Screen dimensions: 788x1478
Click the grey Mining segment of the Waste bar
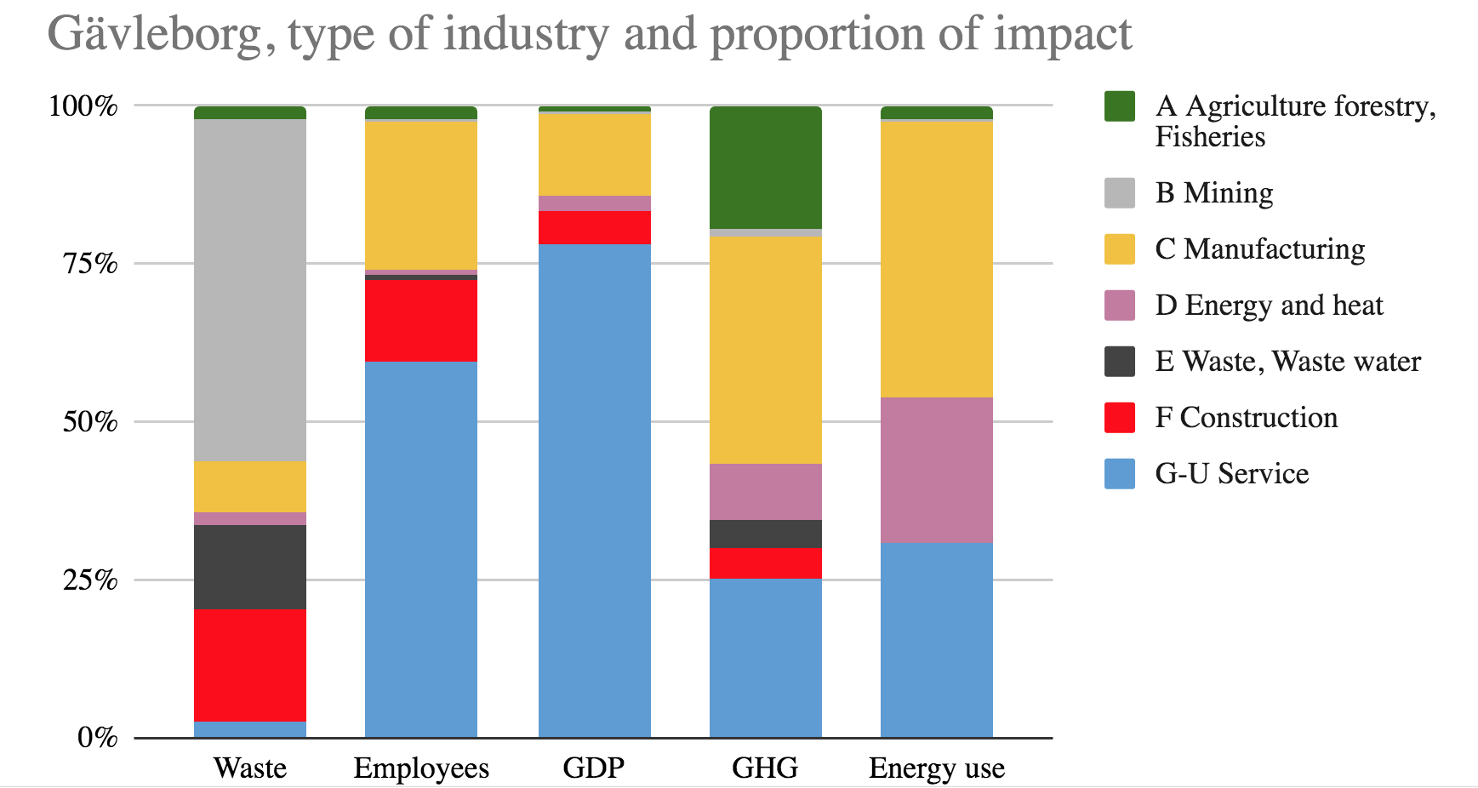[x=249, y=289]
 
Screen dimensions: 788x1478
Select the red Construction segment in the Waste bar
[x=249, y=665]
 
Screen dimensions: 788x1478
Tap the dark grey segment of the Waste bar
[x=249, y=567]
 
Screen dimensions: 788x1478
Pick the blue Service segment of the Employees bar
[x=420, y=549]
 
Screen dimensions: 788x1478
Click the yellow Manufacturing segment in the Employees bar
[x=420, y=196]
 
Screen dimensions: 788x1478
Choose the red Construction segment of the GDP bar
[x=594, y=227]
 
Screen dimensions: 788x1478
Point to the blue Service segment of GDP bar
[x=594, y=490]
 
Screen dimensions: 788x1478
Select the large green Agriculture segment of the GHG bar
[x=765, y=168]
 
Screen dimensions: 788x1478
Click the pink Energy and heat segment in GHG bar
[x=765, y=492]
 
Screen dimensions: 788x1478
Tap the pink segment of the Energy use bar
[x=936, y=470]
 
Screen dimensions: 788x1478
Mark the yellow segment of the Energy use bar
[x=936, y=260]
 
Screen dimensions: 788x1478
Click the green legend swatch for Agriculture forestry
[x=1119, y=106]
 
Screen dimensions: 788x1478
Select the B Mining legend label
[x=1213, y=193]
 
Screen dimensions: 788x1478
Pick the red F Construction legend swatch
[x=1119, y=418]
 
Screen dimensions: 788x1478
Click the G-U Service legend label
[x=1231, y=474]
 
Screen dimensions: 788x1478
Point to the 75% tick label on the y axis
[x=89, y=264]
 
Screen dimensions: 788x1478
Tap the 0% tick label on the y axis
[x=97, y=737]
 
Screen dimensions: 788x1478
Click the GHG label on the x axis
[x=765, y=768]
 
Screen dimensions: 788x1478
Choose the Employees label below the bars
[x=421, y=768]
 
